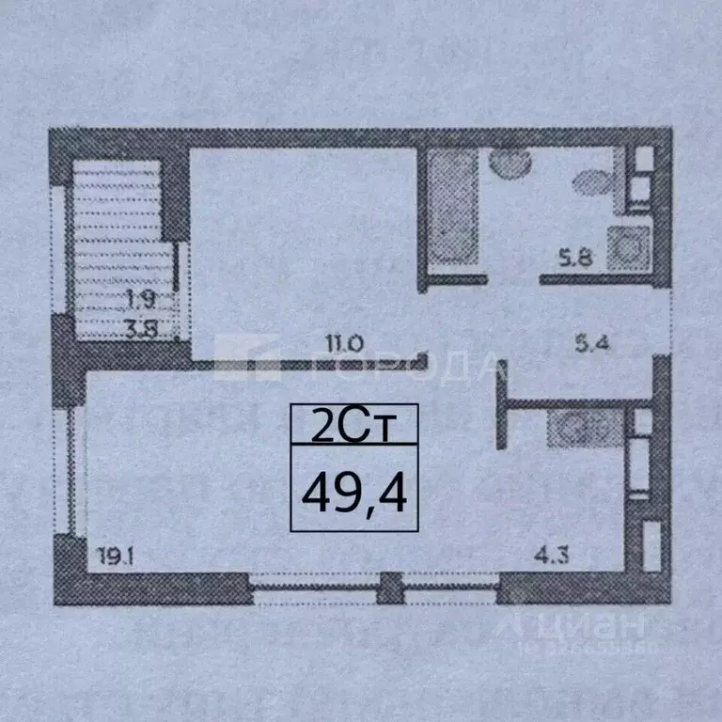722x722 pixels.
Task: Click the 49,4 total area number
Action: [353, 492]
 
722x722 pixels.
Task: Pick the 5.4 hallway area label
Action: [592, 344]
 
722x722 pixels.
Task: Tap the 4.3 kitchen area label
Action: [552, 556]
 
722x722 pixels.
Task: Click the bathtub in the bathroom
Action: [452, 212]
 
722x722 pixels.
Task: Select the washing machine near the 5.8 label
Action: [625, 248]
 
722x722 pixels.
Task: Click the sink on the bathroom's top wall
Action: [511, 165]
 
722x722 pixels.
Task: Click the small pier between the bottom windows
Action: [388, 593]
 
